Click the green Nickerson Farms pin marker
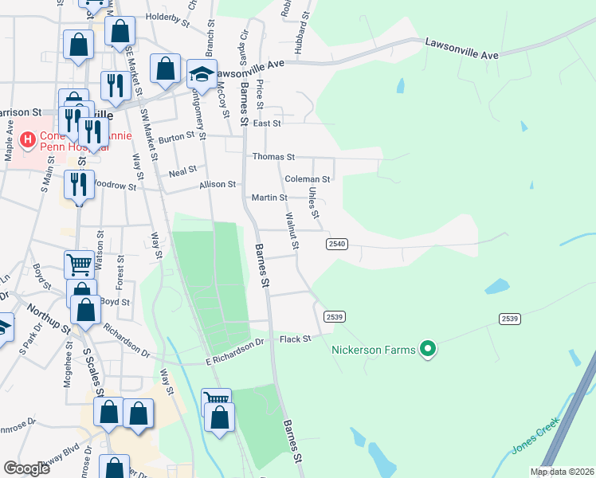tap(429, 349)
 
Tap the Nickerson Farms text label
tap(374, 349)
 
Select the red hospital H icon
tap(28, 141)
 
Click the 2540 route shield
tap(336, 244)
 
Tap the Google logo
tap(26, 468)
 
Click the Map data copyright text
tap(562, 472)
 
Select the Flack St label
tap(294, 339)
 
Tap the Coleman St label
tap(307, 179)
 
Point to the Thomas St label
tap(273, 157)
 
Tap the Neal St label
tap(182, 172)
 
